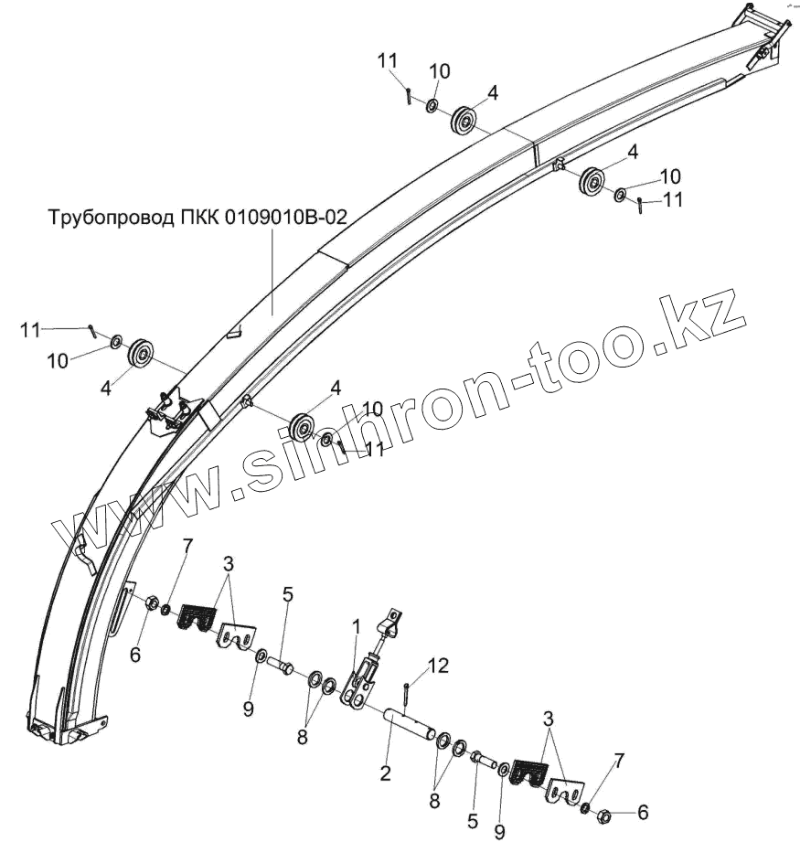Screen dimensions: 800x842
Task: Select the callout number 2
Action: click(385, 773)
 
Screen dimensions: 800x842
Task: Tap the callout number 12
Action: click(439, 666)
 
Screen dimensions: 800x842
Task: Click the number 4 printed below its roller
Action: click(106, 388)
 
